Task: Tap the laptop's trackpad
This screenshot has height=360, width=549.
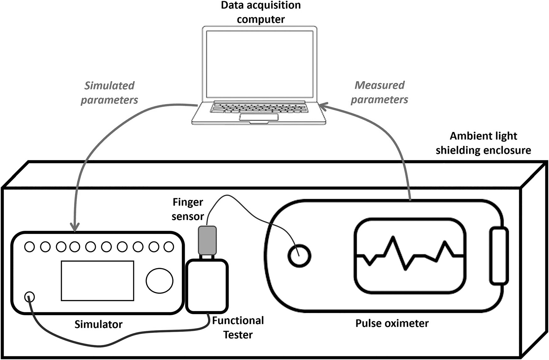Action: (x=259, y=117)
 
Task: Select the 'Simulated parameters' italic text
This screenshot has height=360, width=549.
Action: (x=109, y=93)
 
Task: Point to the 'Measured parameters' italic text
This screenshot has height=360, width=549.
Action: (x=379, y=92)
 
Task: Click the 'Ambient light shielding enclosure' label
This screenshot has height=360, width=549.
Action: (x=483, y=143)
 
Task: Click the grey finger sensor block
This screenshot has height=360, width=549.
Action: (x=207, y=240)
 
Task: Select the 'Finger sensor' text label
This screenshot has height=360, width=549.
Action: (x=188, y=209)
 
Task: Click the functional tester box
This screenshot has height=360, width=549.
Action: (x=207, y=286)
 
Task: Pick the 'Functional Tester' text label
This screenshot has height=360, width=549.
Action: (x=238, y=327)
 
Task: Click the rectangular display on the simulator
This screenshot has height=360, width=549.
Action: (x=98, y=281)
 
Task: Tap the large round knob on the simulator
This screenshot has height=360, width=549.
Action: (x=159, y=280)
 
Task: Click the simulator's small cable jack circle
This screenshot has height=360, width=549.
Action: (x=29, y=297)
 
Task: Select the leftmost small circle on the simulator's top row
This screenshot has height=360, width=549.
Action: (x=29, y=247)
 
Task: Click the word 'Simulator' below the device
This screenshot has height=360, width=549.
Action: (x=98, y=324)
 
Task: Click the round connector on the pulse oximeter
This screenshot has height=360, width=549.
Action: (x=299, y=256)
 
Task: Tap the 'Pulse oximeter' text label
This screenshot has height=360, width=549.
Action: (x=392, y=323)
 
